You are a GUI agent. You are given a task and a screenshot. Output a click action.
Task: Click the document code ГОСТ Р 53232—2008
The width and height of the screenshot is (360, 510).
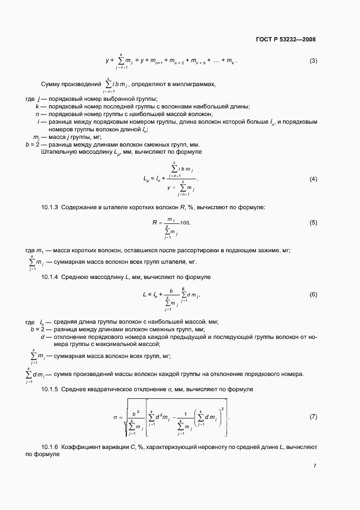click(x=285, y=39)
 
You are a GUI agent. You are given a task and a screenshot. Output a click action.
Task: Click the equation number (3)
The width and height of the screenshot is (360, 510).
click(x=313, y=60)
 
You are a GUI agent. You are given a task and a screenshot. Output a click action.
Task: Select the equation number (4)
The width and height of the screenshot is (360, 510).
click(x=313, y=179)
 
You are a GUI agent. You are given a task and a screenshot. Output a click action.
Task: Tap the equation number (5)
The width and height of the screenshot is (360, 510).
click(x=313, y=223)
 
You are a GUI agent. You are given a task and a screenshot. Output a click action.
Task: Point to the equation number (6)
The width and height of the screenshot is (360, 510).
click(x=313, y=295)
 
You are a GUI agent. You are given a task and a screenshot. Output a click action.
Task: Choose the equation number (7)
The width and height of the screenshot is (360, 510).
click(x=313, y=417)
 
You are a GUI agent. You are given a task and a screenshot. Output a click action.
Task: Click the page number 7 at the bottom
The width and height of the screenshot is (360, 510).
click(x=315, y=465)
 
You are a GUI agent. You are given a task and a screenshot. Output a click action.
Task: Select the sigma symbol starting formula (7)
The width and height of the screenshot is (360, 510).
click(x=116, y=417)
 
